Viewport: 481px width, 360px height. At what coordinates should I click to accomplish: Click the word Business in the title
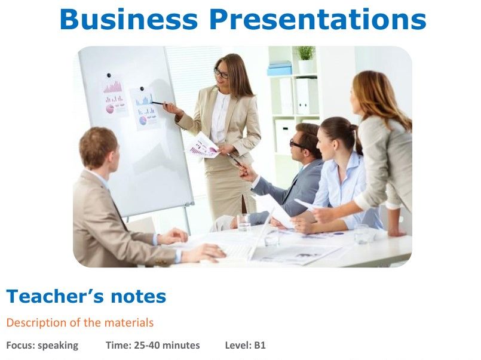(x=128, y=19)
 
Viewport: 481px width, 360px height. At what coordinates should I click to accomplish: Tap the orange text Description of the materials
(x=79, y=323)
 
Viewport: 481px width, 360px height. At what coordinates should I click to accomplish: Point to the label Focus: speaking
(x=42, y=345)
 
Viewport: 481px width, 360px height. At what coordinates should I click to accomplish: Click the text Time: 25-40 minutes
(x=152, y=345)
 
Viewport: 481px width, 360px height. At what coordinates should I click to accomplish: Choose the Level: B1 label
(x=245, y=345)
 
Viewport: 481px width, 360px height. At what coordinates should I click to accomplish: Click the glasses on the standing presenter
(x=221, y=73)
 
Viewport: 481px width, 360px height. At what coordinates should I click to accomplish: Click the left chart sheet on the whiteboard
(x=115, y=97)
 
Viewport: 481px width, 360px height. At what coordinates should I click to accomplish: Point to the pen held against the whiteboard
(x=158, y=103)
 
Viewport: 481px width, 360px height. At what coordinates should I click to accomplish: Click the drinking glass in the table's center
(x=244, y=222)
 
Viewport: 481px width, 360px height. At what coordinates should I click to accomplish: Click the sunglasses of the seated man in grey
(x=297, y=143)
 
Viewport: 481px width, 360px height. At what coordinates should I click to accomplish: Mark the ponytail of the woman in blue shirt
(x=357, y=140)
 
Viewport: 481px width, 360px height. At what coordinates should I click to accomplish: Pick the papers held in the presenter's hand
(x=203, y=146)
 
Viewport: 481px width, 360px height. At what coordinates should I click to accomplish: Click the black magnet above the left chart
(x=108, y=76)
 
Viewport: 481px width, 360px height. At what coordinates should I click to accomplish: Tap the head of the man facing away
(x=98, y=147)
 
